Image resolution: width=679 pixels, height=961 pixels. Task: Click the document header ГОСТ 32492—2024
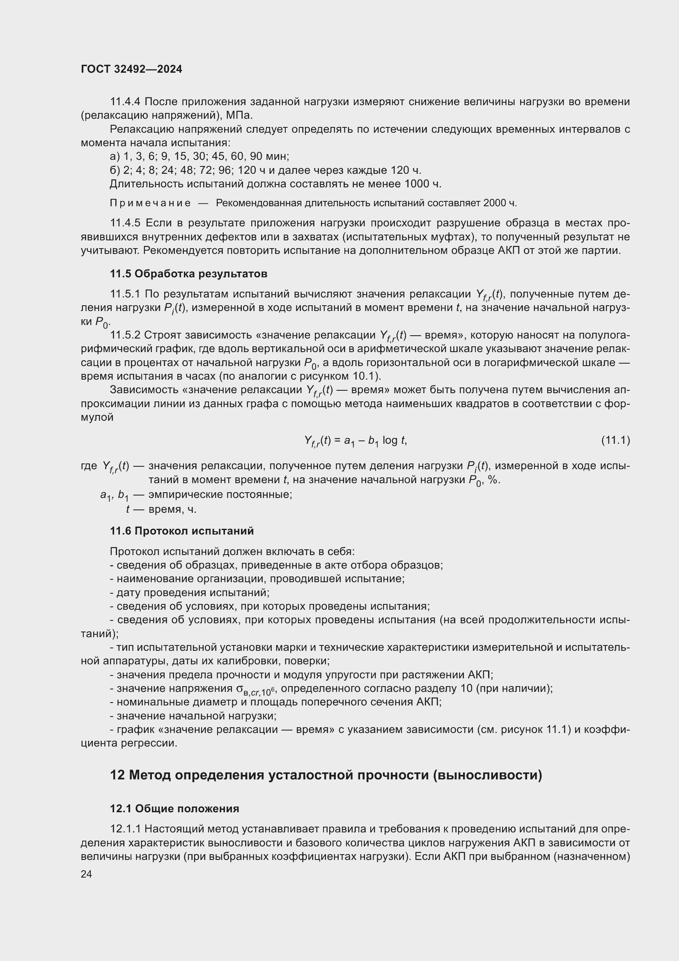coord(131,69)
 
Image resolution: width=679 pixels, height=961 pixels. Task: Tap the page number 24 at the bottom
coord(86,874)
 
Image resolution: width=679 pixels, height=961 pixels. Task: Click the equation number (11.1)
coord(615,440)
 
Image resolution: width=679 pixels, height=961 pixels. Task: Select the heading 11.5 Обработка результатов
coord(188,274)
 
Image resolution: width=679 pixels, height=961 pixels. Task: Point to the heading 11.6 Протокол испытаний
coord(182,531)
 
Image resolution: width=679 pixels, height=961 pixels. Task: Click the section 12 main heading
coord(326,775)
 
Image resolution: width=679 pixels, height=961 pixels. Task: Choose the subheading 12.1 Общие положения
coord(174,809)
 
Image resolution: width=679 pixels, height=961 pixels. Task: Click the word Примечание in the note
coord(150,203)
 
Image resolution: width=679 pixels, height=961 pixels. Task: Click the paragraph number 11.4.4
coord(126,102)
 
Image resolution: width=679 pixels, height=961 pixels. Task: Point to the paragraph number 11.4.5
coord(126,223)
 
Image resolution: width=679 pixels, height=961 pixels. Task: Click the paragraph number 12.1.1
coord(126,829)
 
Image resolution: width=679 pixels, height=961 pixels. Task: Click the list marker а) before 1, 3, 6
coord(115,157)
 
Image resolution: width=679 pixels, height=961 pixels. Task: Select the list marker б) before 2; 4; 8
coord(115,171)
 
